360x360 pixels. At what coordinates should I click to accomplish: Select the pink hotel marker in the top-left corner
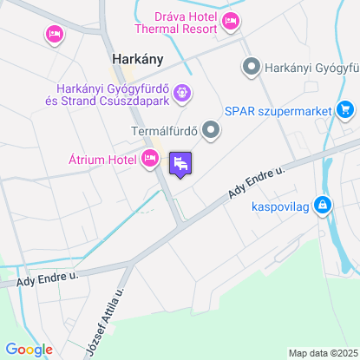(54, 35)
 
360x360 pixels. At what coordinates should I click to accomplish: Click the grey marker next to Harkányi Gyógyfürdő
(252, 66)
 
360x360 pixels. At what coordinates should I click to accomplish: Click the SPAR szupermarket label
(278, 110)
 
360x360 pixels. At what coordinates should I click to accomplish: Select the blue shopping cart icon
(345, 109)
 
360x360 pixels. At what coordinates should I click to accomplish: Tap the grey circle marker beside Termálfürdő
(211, 131)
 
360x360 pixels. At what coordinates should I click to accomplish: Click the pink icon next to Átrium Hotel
(150, 158)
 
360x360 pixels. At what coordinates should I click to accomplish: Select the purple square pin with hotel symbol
(180, 163)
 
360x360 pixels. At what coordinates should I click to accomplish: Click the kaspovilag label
(281, 206)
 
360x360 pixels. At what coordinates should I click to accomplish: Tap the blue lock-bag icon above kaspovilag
(322, 206)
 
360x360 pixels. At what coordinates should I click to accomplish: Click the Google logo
(29, 349)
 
